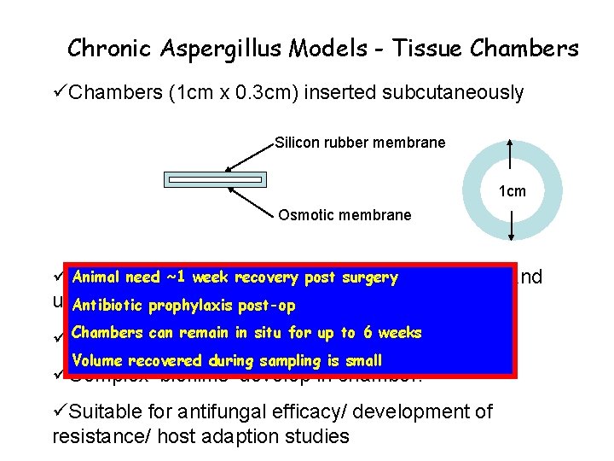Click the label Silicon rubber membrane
pos(360,143)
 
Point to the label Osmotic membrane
pos(345,215)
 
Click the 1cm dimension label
pos(512,192)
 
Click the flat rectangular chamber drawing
pos(216,179)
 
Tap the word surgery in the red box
pos(370,277)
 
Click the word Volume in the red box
pos(98,360)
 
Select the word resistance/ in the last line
pos(94,437)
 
